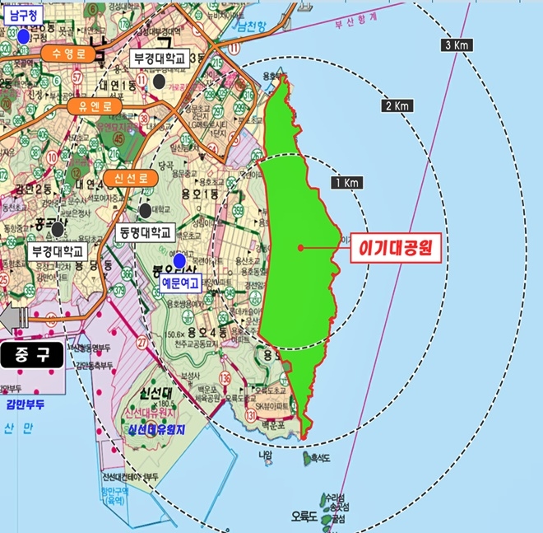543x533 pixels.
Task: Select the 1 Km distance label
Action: [346, 182]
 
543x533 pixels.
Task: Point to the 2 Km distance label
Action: [397, 106]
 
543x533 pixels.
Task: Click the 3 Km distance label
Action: [456, 44]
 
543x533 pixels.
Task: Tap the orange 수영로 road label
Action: [63, 54]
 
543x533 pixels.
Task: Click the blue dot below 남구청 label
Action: [24, 37]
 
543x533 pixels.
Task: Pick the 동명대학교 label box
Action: [143, 233]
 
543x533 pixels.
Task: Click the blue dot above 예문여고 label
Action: [179, 260]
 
